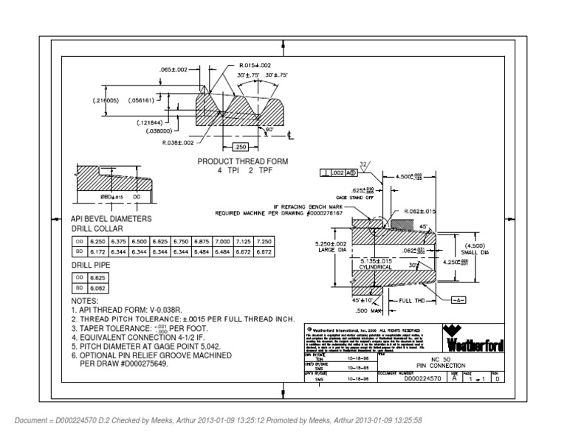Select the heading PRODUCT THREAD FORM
(242, 160)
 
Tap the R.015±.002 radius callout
(254, 65)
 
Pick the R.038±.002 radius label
(177, 142)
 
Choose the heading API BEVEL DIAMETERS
(111, 219)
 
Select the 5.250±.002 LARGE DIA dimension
(331, 248)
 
